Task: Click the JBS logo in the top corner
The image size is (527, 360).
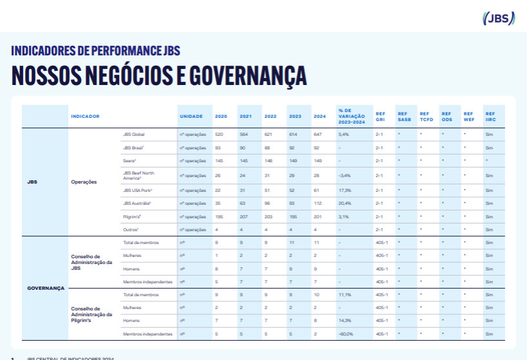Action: tap(499, 18)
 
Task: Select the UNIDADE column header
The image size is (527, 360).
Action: tap(191, 117)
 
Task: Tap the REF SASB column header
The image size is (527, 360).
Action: tap(403, 117)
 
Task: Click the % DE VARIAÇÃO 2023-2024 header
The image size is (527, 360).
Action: tap(352, 116)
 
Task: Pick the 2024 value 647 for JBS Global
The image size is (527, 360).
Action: tap(318, 134)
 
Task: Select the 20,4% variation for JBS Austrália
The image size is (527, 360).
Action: tap(345, 204)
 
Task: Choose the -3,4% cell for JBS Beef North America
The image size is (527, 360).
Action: tap(345, 175)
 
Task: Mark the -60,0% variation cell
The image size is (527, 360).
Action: tap(347, 334)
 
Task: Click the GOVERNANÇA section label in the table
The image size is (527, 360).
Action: tap(46, 288)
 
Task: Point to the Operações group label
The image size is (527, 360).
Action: tap(84, 182)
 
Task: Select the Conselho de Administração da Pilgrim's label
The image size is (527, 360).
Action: tap(91, 314)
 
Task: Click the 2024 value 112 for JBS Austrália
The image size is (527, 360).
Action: tap(318, 204)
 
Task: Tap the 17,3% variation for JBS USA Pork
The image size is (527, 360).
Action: tap(345, 190)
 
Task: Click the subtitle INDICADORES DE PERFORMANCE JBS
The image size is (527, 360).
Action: tap(96, 51)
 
